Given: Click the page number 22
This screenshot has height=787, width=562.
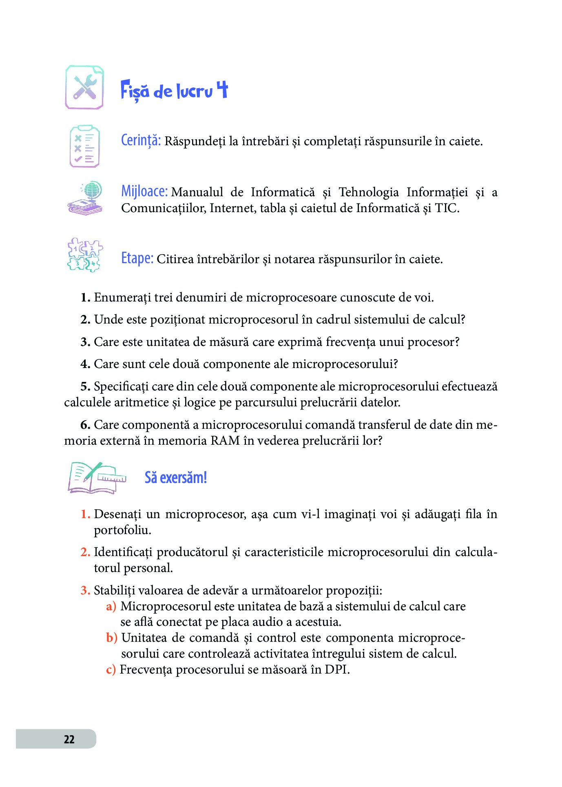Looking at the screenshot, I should coord(69,739).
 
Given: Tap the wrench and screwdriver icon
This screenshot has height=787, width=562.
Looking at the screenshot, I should coord(85,88).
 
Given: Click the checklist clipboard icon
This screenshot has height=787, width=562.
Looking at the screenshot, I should coord(84,146).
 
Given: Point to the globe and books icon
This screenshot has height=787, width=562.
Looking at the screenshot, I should coord(85,198).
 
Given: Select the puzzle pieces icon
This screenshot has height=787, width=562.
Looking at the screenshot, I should coord(84,255).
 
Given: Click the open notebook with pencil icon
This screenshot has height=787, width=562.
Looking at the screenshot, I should coord(96,477).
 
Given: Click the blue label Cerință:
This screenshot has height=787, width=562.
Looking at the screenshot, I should coord(141,140).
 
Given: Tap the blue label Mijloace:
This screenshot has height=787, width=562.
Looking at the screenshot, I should coord(144,191).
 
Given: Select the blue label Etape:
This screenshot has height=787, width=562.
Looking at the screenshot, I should coord(137,258).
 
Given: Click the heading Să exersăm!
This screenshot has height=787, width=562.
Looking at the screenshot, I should coord(176,477).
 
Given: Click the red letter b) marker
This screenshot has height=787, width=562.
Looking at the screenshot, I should coord(111,638).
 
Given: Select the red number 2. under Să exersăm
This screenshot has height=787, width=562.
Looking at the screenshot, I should coord(85,552).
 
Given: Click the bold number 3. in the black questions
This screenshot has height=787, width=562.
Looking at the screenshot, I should coord(85,342).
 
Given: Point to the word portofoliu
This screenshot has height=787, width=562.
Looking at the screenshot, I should coord(122,530).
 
